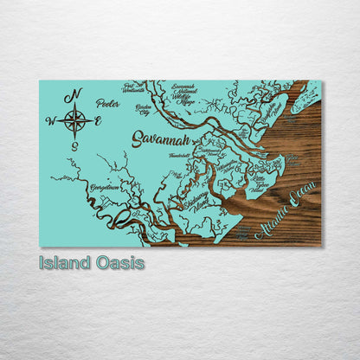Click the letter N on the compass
tap(76, 93)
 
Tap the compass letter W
tap(49, 121)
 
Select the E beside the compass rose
tap(99, 121)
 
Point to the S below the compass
tap(75, 146)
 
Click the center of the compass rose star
tap(75, 120)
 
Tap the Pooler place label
tap(108, 103)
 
